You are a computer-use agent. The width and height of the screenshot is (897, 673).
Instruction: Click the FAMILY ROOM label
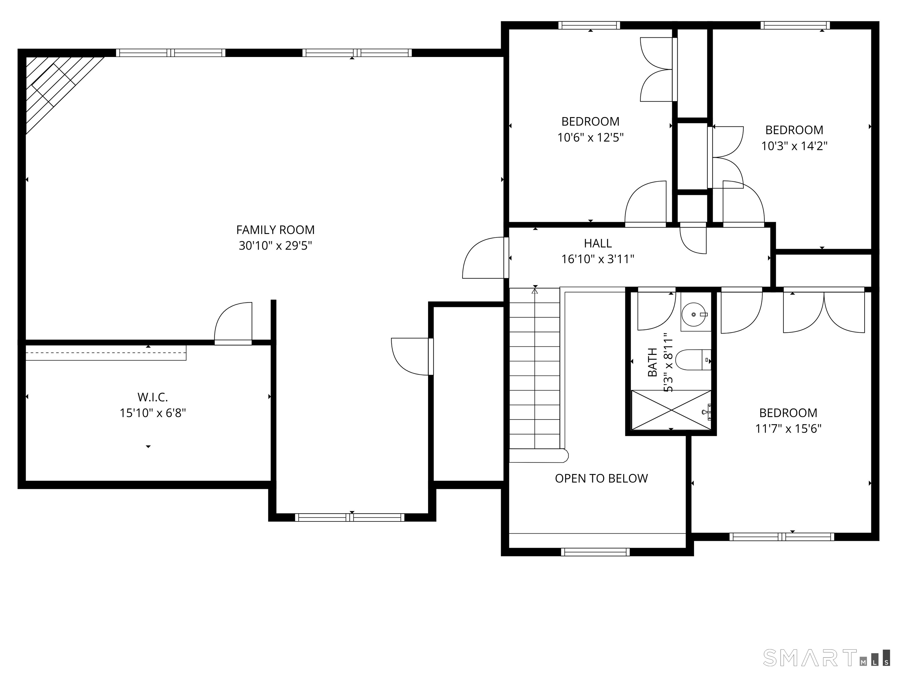click(275, 230)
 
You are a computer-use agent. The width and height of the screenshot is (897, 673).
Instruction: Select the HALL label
click(598, 243)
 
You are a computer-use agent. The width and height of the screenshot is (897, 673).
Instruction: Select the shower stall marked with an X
click(672, 410)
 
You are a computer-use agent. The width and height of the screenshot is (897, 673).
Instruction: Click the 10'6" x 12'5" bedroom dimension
click(590, 138)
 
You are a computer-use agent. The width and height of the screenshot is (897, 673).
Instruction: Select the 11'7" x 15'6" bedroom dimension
click(788, 429)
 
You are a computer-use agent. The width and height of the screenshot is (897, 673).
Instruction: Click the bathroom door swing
click(656, 310)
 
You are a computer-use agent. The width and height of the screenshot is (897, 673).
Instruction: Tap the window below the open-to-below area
click(595, 552)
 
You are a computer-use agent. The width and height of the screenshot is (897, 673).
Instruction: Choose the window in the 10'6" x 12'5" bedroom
click(589, 25)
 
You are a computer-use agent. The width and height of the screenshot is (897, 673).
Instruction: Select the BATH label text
click(653, 362)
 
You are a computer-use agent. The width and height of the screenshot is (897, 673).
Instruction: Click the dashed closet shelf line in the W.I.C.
click(106, 353)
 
